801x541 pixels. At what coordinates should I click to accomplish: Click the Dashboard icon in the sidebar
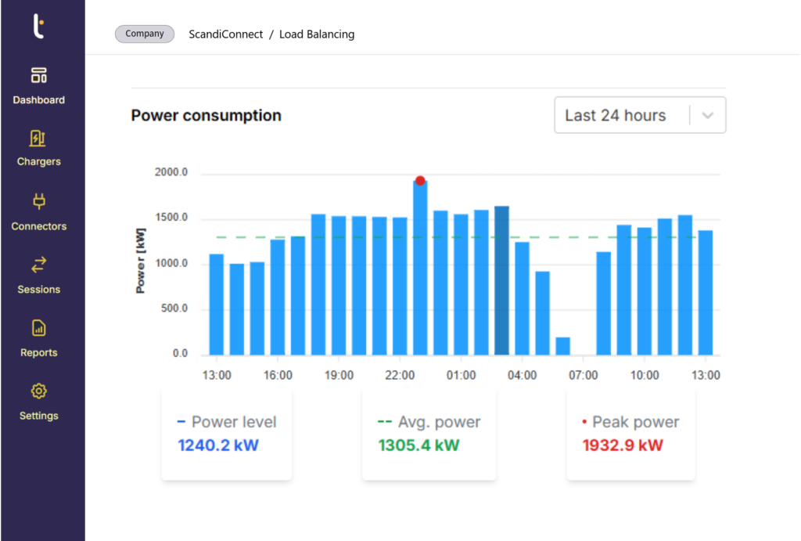38,75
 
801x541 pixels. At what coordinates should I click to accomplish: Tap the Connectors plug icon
38,203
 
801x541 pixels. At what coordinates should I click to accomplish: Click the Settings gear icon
38,391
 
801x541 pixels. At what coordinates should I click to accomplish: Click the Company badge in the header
144,34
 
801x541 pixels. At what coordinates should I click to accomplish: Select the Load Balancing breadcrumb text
317,34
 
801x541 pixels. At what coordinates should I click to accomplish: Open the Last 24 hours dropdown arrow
708,115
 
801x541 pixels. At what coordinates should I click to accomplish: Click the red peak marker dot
420,181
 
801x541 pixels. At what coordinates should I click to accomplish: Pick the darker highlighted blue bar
501,280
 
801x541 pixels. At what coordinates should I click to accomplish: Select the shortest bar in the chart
562,345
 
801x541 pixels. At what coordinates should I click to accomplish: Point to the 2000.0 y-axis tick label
171,173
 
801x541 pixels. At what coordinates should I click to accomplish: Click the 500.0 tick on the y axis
174,308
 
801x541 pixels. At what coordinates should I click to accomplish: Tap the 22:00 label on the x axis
400,376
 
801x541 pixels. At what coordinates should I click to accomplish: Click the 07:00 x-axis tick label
583,376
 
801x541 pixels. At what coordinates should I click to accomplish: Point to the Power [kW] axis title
141,263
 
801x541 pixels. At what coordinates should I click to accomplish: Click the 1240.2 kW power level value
218,446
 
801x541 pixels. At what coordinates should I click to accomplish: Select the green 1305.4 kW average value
418,446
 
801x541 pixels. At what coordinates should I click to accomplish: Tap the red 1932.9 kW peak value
623,446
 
